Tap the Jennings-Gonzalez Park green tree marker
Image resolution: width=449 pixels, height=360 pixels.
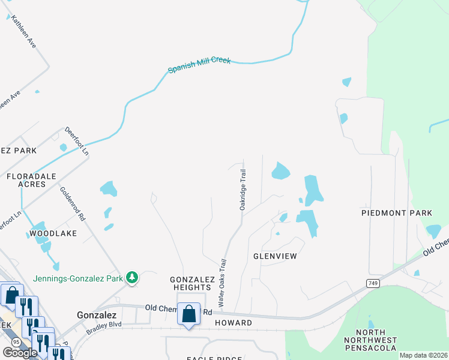click(132, 277)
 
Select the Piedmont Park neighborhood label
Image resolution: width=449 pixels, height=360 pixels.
click(397, 213)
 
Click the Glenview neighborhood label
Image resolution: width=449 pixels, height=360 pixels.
click(275, 256)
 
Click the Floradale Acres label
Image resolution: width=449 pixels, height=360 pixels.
click(31, 181)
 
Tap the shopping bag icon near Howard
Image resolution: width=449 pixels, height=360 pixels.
click(188, 314)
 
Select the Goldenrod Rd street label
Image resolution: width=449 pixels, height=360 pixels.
click(71, 204)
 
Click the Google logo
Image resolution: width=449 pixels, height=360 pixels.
click(20, 353)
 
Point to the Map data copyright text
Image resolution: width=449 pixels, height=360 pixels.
click(424, 355)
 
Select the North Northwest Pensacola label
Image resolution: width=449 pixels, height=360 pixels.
click(376, 340)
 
